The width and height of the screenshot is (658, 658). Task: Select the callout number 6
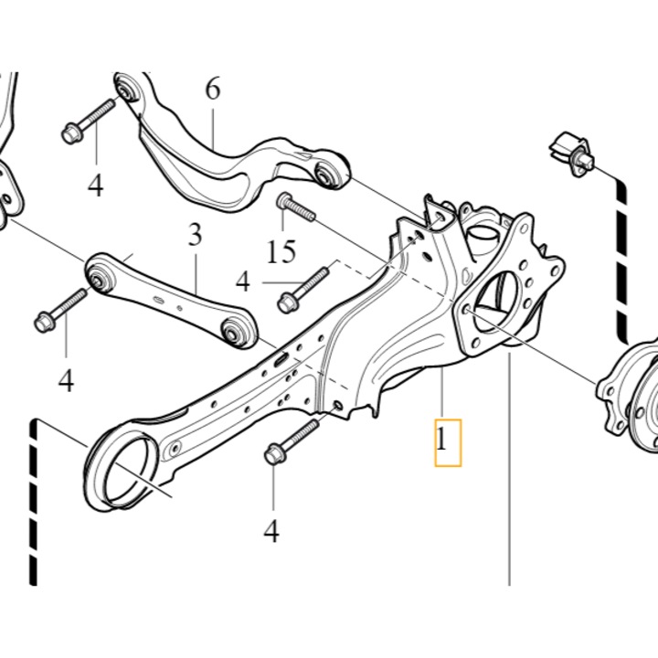(x=212, y=90)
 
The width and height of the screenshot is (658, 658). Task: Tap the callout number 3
(x=195, y=236)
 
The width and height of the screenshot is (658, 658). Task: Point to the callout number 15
(x=283, y=250)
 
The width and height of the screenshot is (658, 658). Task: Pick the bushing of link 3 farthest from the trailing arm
(x=99, y=273)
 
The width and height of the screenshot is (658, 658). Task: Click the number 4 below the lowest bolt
(x=271, y=530)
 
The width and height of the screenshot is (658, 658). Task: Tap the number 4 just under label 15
(x=242, y=281)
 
